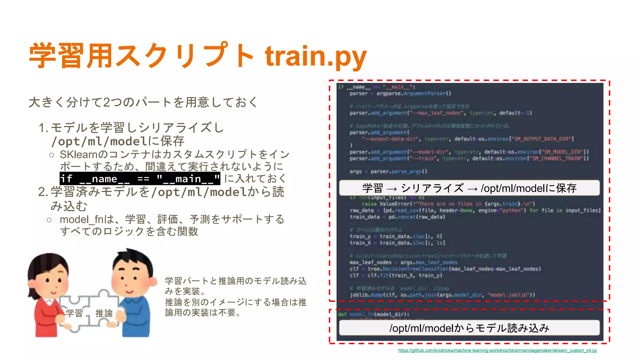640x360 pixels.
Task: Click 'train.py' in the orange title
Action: pyautogui.click(x=316, y=56)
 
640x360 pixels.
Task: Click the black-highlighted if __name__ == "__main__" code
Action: pyautogui.click(x=140, y=179)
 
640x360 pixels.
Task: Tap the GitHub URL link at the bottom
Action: pyautogui.click(x=497, y=350)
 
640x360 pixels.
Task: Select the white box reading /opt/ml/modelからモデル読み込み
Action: pyautogui.click(x=469, y=328)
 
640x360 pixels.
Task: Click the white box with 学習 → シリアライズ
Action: pyautogui.click(x=469, y=188)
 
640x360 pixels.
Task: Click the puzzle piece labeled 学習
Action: pyautogui.click(x=74, y=313)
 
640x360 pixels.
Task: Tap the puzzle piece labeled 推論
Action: pyautogui.click(x=104, y=313)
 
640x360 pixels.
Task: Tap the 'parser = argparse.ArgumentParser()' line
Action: pyautogui.click(x=400, y=93)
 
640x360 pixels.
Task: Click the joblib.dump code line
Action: pyautogui.click(x=442, y=295)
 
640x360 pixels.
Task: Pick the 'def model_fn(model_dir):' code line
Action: pyautogui.click(x=373, y=314)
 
